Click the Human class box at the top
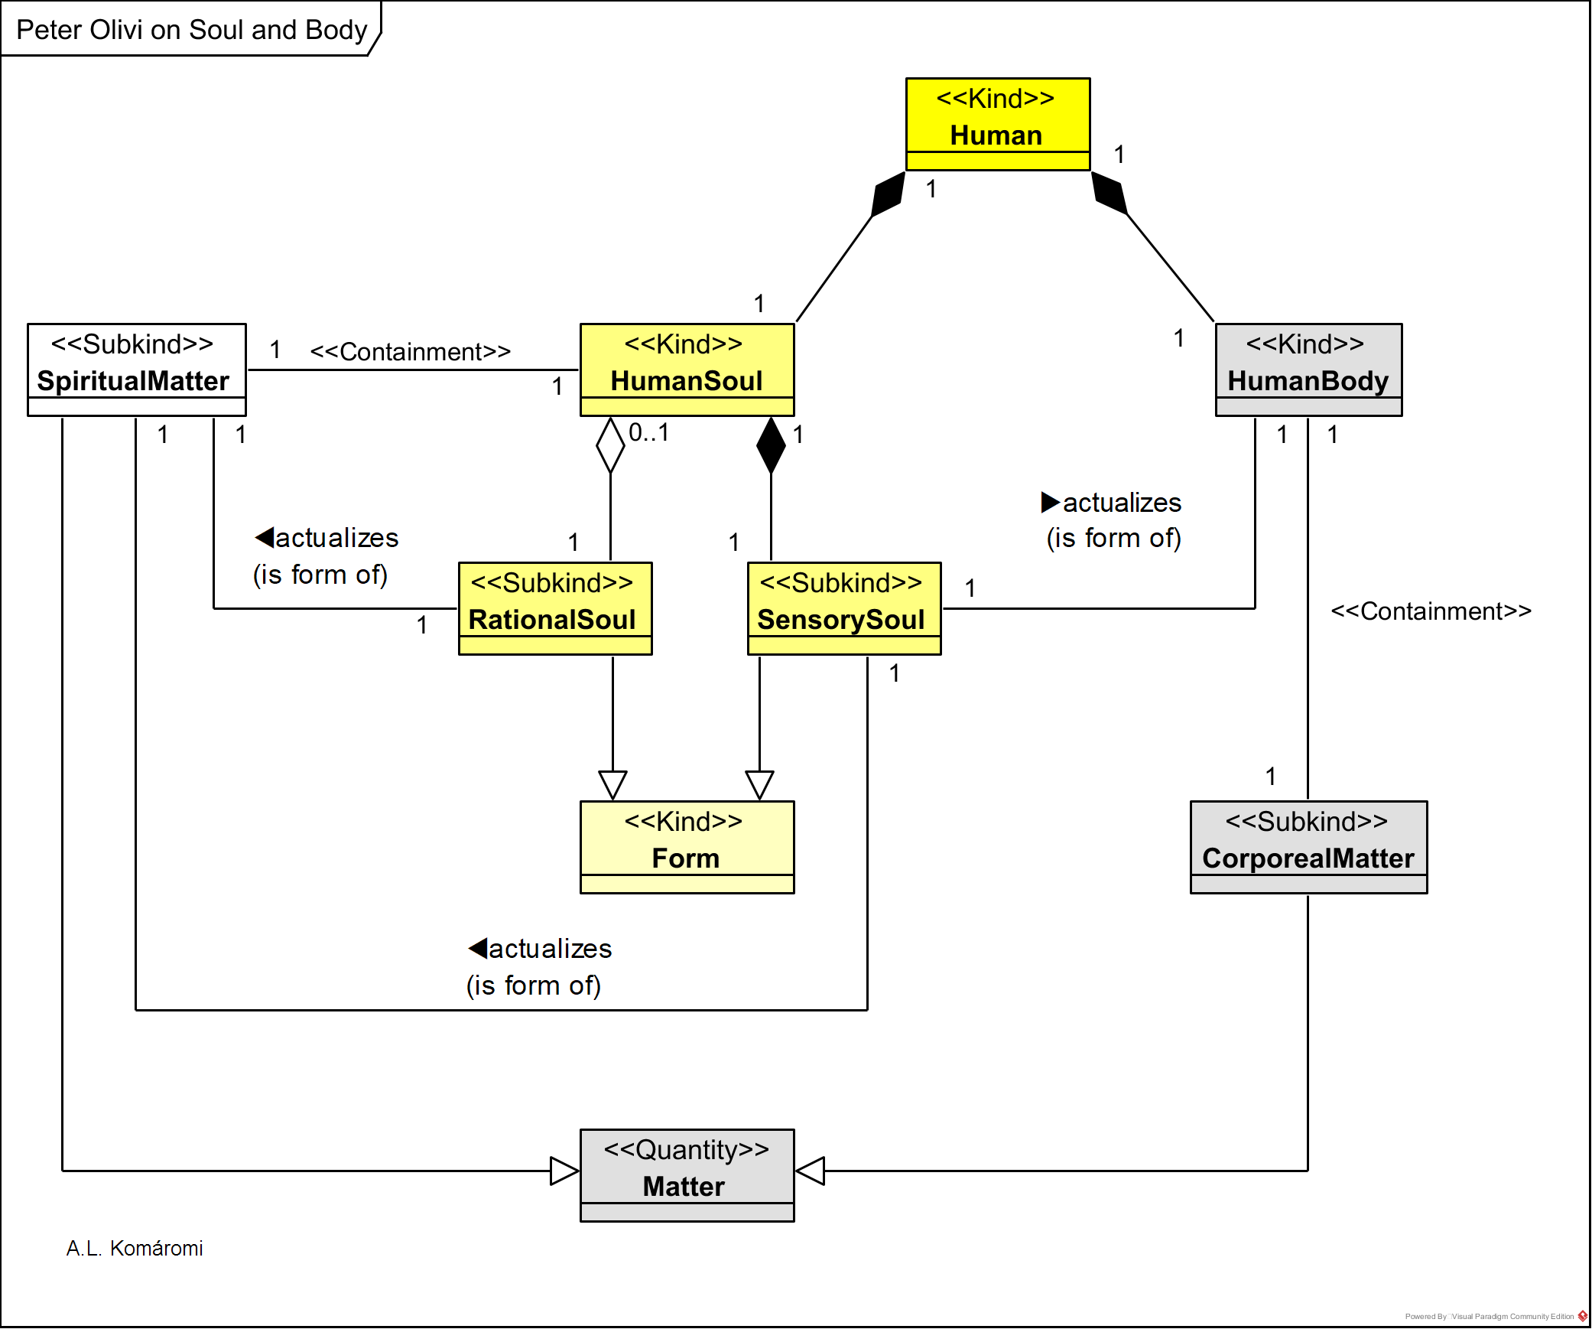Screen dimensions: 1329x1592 (x=997, y=123)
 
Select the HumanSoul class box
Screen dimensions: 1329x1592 (x=687, y=370)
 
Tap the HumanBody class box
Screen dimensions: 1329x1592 (x=1308, y=370)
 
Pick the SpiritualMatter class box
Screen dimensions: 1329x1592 (x=136, y=370)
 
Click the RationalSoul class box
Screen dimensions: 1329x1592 (x=554, y=608)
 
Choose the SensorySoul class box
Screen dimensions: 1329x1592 (x=843, y=608)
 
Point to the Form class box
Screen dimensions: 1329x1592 (x=687, y=847)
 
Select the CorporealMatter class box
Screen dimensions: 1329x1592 (x=1308, y=847)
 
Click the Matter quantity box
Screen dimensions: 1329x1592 (x=687, y=1175)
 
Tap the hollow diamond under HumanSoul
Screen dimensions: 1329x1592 (x=610, y=445)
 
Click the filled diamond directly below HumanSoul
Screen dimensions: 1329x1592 (x=771, y=445)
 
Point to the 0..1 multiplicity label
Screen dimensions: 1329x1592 (x=648, y=433)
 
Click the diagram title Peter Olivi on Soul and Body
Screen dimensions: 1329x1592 (x=191, y=30)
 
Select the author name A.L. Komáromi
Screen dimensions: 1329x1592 (x=135, y=1248)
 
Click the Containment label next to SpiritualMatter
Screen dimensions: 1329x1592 (x=410, y=352)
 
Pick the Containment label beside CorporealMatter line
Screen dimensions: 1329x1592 (x=1431, y=611)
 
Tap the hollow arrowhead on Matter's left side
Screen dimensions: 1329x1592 (x=564, y=1171)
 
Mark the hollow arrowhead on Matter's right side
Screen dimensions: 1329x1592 (x=811, y=1171)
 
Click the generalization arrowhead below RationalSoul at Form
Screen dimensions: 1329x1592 (x=612, y=785)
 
